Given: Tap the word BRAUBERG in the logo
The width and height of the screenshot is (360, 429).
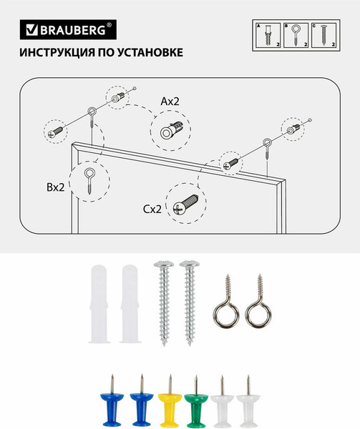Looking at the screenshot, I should tap(70, 30).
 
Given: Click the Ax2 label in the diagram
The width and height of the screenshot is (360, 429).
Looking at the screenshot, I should tap(169, 102).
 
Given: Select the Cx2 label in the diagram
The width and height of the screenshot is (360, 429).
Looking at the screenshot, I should tap(152, 209).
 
